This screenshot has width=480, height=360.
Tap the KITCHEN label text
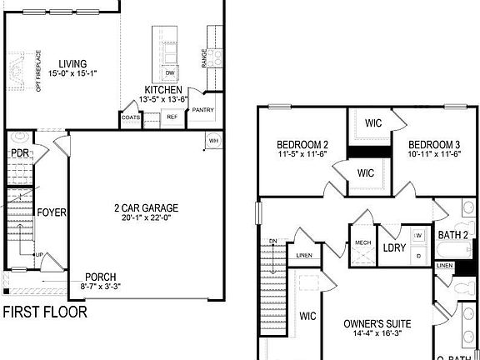coord(162,90)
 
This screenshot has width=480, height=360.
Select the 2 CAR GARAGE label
coord(147,208)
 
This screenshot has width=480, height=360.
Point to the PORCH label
coord(100,277)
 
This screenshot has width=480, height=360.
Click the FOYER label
coord(51,212)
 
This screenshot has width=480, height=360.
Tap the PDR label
coord(21,153)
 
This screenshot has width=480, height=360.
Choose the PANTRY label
coord(202,110)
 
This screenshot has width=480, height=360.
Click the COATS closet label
coord(131,117)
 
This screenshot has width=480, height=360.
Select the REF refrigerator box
coord(172,117)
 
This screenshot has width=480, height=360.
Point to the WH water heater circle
coord(212,139)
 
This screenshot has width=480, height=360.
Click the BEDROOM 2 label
coord(302,144)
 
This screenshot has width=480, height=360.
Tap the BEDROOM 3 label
coord(435,144)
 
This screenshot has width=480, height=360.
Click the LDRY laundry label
coord(393,247)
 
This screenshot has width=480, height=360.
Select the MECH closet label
coord(362,242)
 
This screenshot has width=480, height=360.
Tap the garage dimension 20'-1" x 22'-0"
coord(147,219)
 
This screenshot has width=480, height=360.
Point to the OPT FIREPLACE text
coord(38,71)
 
